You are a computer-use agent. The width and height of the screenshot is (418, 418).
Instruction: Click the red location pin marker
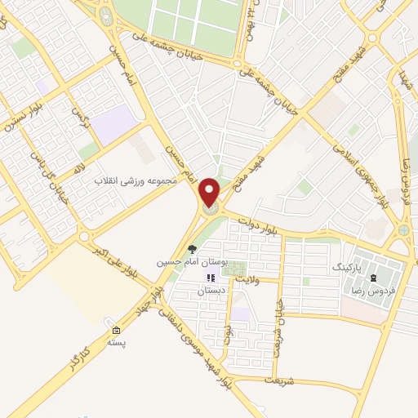(211, 193)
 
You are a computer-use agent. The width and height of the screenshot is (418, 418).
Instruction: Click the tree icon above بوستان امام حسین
(192, 250)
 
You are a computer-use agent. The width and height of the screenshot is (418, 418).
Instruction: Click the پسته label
(115, 343)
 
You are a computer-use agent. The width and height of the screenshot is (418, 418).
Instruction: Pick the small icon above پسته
(115, 331)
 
